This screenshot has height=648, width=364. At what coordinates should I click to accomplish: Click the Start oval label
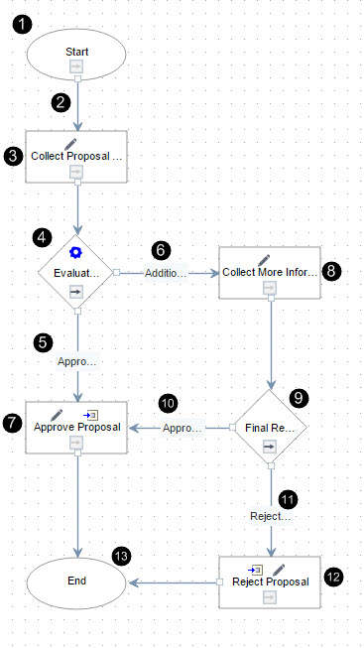coord(76,52)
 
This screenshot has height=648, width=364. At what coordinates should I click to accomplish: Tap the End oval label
coord(76,581)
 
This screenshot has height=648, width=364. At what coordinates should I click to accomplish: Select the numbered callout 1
coord(22,25)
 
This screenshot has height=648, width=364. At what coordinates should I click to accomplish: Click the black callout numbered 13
coord(121,557)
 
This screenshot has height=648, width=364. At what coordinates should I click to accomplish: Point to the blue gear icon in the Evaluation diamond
coord(75,252)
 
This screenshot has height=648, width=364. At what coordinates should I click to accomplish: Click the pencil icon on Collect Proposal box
coord(70,144)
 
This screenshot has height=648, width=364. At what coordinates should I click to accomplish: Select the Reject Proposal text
coord(271,582)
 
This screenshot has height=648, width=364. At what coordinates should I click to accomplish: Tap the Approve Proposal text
coord(77,427)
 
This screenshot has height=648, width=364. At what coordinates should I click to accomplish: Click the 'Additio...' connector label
coord(166,273)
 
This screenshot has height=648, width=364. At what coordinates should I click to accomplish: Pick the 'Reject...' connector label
coord(271,517)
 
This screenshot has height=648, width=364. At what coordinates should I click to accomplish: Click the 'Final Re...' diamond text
coord(270,428)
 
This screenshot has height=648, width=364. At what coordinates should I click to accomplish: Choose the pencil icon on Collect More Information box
coord(264,260)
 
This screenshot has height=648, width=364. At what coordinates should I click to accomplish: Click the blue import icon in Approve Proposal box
coord(90,415)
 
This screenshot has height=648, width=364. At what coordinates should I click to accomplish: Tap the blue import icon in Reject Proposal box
coord(255,570)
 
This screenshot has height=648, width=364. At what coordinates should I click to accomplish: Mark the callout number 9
coord(300,398)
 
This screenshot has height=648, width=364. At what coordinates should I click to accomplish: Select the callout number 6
coord(161,250)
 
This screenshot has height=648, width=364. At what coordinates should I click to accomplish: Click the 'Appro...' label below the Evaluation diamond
coord(77,362)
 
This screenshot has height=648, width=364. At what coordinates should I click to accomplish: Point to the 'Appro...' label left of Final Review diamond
coord(182,428)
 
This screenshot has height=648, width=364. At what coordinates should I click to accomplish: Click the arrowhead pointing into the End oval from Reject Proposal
coord(133,583)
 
